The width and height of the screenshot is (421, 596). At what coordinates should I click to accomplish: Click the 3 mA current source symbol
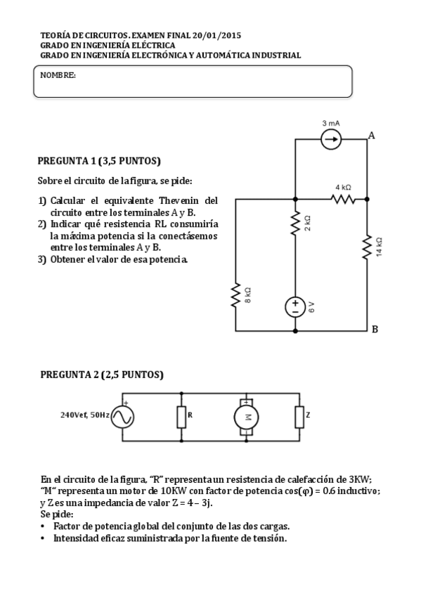(x=331, y=139)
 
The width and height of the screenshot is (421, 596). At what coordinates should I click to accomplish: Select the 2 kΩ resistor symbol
(x=295, y=223)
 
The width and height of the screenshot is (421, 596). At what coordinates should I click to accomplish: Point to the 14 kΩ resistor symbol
(x=367, y=247)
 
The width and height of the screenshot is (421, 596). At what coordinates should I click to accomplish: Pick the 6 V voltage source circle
(x=295, y=306)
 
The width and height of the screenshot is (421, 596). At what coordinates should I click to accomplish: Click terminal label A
(x=371, y=136)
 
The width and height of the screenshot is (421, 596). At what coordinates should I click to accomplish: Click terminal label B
(x=374, y=329)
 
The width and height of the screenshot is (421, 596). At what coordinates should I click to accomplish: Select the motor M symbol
(x=247, y=417)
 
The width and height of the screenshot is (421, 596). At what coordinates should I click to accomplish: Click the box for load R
(x=181, y=417)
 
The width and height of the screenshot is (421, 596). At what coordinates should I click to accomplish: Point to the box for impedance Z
(x=299, y=417)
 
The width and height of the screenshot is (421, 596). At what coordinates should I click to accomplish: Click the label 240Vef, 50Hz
(x=86, y=415)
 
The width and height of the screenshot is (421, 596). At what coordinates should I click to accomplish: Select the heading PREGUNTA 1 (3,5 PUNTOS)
(x=99, y=160)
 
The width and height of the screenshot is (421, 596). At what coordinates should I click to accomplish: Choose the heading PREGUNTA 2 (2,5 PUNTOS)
(x=102, y=375)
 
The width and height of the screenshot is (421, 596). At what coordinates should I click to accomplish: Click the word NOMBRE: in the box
(x=58, y=74)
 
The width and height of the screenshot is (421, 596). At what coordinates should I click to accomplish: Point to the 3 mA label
(x=331, y=123)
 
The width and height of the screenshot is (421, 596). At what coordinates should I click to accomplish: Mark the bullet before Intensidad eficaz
(x=44, y=538)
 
